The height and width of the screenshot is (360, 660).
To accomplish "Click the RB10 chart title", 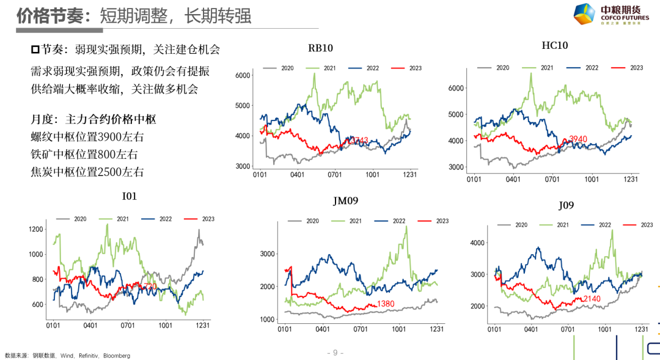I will (x=320, y=48).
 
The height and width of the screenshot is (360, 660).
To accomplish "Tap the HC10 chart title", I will (x=555, y=45).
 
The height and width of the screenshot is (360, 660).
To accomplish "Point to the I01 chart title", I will (x=130, y=197).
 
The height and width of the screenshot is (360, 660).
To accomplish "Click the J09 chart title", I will (x=566, y=205).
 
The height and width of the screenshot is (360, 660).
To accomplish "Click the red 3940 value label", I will (x=577, y=139).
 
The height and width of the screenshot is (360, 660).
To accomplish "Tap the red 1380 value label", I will (x=385, y=304).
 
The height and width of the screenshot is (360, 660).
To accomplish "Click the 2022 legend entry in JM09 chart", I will (x=385, y=221).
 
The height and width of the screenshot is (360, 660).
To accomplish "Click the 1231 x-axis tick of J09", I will (x=641, y=329).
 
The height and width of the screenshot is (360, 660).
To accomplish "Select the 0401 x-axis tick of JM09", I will (x=323, y=329).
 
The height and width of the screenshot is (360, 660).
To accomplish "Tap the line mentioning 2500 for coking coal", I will (x=87, y=172).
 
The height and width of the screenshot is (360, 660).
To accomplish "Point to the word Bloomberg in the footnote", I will (x=116, y=355).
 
